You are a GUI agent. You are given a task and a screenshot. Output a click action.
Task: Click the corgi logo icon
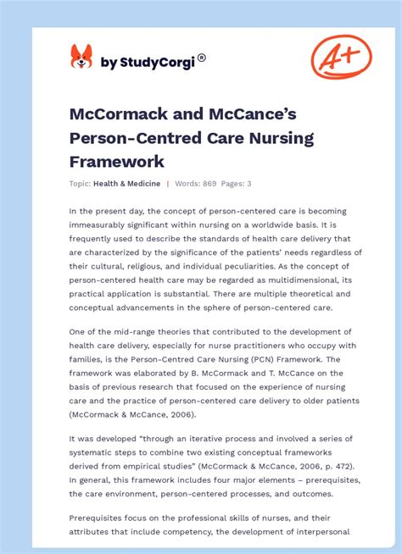coord(81,57)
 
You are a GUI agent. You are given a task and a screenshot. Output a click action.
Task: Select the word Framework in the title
coord(116,161)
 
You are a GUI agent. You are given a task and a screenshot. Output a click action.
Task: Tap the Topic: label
coord(81,184)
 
